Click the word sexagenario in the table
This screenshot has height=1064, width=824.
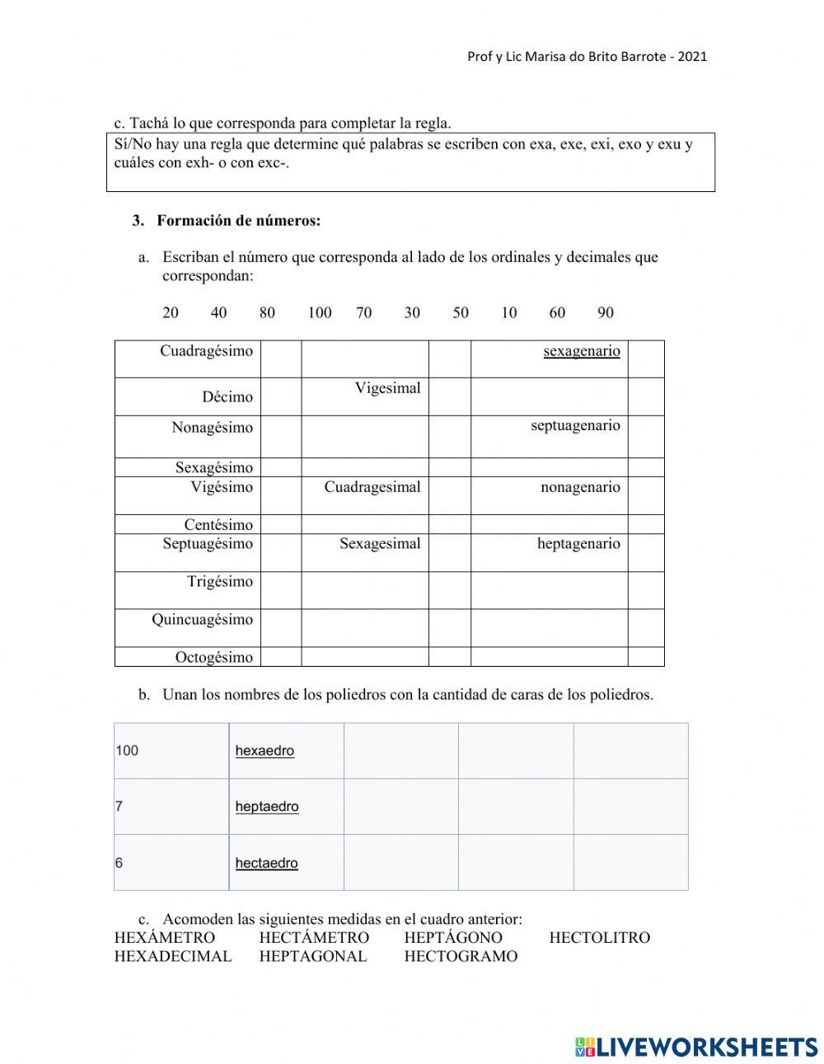(581, 351)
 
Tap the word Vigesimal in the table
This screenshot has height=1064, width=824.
(387, 388)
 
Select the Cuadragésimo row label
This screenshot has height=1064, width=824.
(206, 351)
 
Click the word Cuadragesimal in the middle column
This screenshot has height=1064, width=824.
(372, 487)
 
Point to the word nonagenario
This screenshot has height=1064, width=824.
(580, 487)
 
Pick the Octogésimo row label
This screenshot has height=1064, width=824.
(213, 657)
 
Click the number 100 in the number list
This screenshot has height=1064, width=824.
(319, 312)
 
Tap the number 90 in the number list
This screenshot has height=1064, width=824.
(605, 312)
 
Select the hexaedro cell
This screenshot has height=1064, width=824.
(265, 751)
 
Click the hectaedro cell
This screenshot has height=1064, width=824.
(266, 863)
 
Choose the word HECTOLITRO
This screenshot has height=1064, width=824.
(599, 937)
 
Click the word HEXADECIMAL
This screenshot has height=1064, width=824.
(173, 956)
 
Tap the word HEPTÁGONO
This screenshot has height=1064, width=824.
(452, 937)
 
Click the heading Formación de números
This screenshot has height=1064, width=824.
(238, 221)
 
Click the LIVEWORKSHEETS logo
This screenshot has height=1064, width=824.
(696, 1047)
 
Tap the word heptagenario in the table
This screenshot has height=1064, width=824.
(578, 544)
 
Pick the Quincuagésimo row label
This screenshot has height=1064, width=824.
(202, 620)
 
